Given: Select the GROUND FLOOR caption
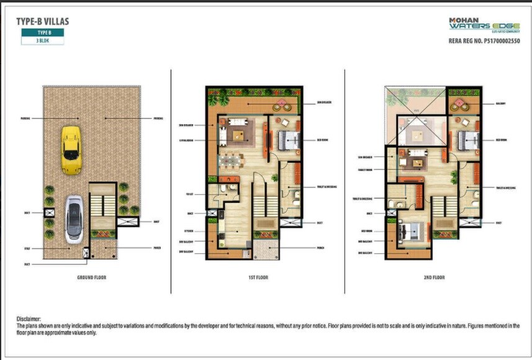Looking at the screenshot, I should (x=91, y=277).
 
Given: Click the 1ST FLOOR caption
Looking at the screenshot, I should (x=258, y=277).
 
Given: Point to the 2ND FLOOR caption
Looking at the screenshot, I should (x=434, y=277).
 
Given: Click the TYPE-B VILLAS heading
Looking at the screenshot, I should (x=42, y=21).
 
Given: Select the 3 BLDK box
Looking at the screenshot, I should (x=42, y=40).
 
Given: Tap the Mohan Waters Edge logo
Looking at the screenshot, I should (x=484, y=25).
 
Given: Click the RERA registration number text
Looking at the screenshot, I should (x=484, y=41).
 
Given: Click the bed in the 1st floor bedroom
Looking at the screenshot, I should (x=287, y=139).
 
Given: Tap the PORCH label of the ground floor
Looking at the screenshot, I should (x=156, y=248).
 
